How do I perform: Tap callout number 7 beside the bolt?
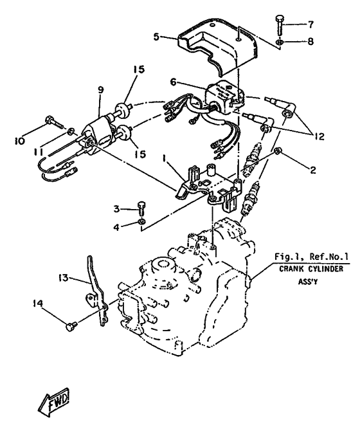310,24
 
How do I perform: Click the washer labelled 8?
279,42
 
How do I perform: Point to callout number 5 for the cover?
156,37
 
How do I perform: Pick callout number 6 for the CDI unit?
173,82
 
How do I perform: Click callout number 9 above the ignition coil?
101,90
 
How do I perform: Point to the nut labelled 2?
276,151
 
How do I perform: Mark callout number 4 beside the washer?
116,227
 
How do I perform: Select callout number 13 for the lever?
63,278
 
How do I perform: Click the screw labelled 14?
71,325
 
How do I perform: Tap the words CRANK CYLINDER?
310,269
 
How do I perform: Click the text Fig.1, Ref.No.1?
311,257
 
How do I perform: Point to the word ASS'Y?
308,281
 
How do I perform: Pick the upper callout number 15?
139,69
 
